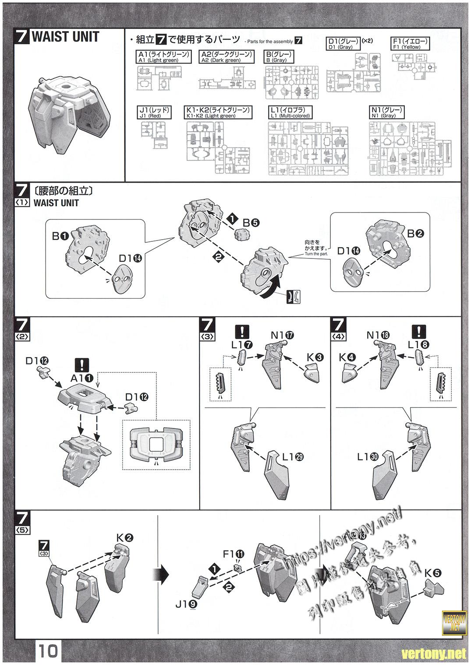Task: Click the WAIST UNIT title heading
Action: click(65, 37)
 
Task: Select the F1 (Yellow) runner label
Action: click(410, 44)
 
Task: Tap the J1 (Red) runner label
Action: click(154, 113)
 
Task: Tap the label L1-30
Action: click(368, 457)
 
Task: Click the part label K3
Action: click(315, 357)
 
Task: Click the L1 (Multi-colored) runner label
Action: click(289, 113)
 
